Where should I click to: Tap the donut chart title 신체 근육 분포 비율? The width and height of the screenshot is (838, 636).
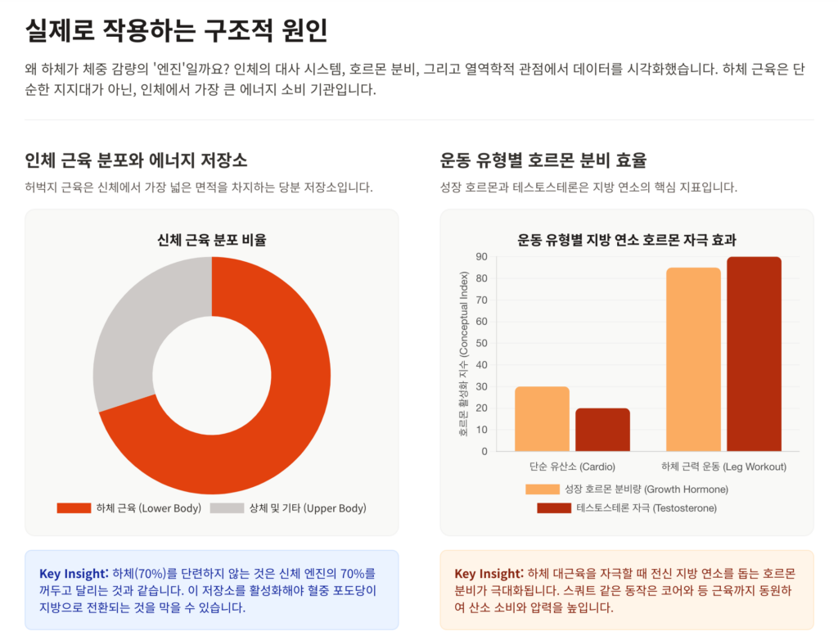click(211, 240)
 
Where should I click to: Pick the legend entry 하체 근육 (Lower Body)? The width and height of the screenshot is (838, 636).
click(129, 508)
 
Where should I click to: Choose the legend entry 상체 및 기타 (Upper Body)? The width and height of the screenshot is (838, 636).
click(288, 508)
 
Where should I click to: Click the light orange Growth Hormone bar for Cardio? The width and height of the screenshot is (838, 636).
click(542, 418)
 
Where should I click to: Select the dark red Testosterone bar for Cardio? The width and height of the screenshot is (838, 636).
click(602, 429)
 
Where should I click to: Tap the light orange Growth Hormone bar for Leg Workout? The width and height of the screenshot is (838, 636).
click(693, 359)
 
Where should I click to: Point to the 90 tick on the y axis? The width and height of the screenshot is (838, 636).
click(481, 257)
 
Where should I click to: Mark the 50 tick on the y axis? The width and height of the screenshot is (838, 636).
click(481, 343)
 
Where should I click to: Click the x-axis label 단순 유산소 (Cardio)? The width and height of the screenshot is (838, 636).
click(571, 467)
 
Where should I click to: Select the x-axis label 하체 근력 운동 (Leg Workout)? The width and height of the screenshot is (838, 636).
click(723, 467)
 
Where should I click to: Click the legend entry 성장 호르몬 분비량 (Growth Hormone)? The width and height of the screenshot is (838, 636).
click(626, 489)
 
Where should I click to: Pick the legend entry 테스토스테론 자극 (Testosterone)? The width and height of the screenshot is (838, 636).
click(626, 508)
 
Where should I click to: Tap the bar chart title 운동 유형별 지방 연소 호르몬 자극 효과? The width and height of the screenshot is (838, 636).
click(627, 240)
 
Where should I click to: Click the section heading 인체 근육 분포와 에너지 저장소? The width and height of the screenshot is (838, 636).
click(136, 160)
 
